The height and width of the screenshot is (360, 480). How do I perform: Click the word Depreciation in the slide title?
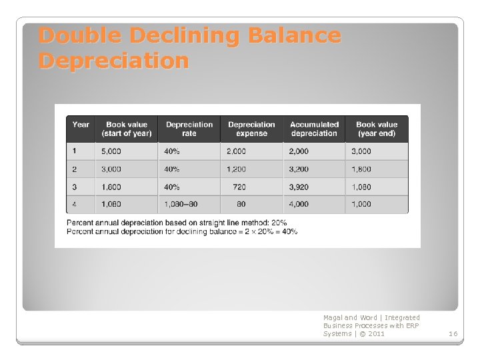114,61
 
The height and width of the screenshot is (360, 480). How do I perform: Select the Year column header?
81,125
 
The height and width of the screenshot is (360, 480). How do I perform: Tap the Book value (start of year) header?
127,129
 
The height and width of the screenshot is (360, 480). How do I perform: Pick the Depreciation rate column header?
189,129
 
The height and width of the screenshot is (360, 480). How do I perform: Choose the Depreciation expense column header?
251,129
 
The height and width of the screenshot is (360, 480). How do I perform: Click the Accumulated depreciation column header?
314,129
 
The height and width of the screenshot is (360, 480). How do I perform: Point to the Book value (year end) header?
376,129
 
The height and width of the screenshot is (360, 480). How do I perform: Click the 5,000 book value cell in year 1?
111,151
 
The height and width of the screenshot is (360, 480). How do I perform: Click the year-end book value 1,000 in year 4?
362,205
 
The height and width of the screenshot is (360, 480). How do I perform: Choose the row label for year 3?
75,187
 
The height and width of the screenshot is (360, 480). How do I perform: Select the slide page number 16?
453,333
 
